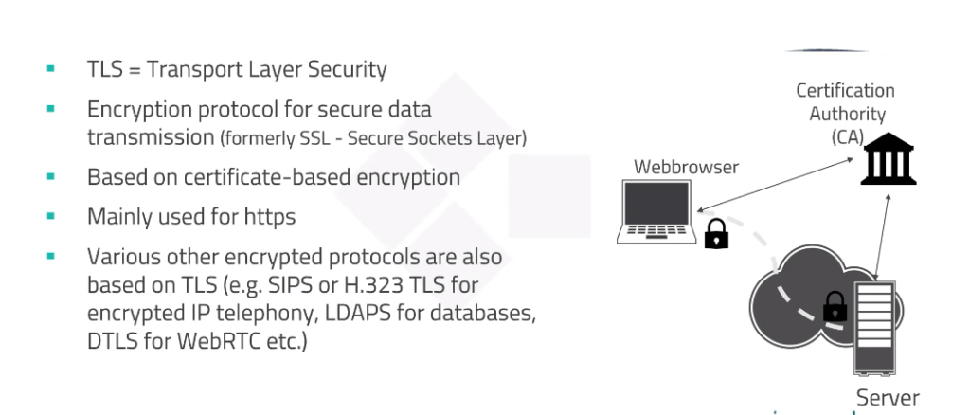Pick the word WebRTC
point(223,341)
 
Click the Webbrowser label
point(686,167)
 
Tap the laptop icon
point(656,211)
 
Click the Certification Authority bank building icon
point(889,158)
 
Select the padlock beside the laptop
point(716,234)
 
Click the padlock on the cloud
point(835,306)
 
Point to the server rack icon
point(874,328)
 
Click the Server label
point(888,398)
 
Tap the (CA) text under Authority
point(848,137)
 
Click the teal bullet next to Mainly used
point(51,216)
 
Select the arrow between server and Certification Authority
point(883,236)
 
